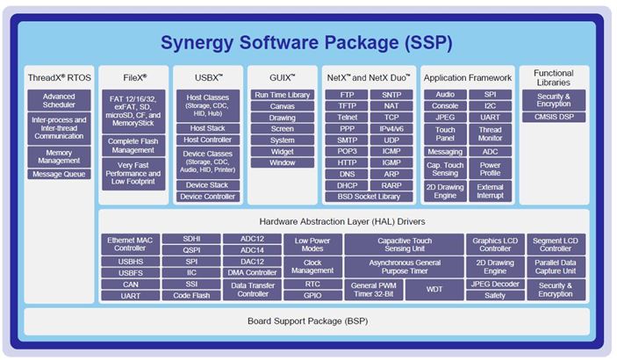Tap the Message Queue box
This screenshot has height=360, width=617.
coord(59,174)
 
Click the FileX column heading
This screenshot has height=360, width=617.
coord(133,76)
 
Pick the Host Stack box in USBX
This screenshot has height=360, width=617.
coord(207,128)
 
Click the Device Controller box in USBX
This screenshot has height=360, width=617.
coord(207,197)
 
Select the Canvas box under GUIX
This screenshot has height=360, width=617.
coord(283,106)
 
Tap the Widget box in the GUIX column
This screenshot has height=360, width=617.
coord(283,151)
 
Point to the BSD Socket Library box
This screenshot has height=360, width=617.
coord(369,197)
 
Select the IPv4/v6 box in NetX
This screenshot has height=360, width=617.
coord(391,128)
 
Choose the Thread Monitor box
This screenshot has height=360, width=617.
coord(491,134)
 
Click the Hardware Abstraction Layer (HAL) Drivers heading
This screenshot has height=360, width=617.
coord(342,221)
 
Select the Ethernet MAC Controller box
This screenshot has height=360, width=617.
coord(130,244)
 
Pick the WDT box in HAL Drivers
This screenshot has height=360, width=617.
coord(434,289)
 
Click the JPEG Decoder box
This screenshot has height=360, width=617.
coord(494,284)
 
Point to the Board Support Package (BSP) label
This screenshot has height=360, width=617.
coord(307,321)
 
